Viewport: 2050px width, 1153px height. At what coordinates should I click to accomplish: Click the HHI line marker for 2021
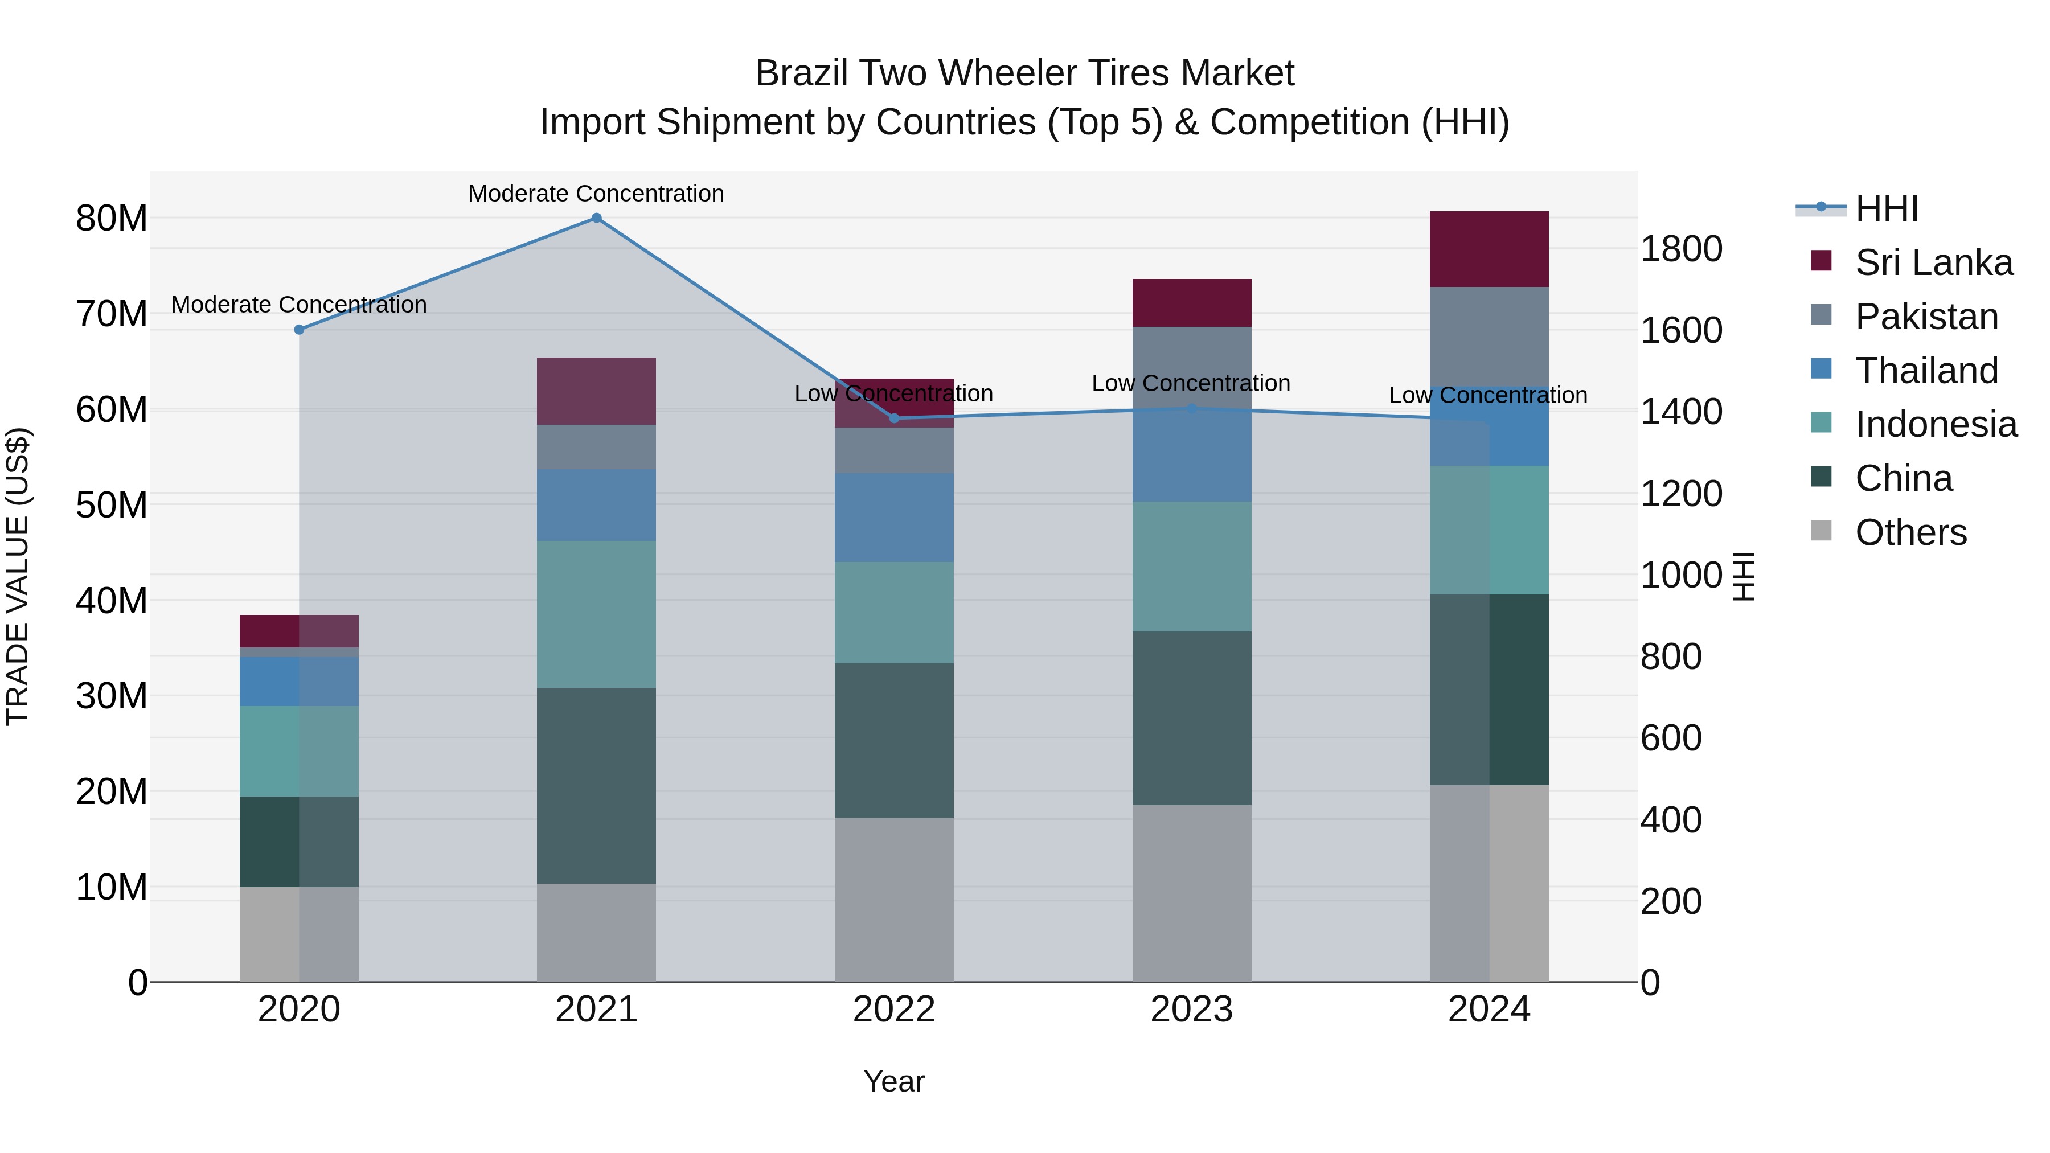596,218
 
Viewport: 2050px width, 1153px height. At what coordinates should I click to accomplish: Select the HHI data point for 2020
299,330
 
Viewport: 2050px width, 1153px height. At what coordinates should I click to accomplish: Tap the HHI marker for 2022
893,418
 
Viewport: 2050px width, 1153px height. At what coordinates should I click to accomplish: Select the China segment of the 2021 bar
596,785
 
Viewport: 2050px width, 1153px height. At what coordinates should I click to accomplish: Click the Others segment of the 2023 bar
1191,893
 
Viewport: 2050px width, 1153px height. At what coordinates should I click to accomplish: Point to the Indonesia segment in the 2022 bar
893,613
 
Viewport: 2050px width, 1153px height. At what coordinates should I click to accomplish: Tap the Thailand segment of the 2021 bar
596,504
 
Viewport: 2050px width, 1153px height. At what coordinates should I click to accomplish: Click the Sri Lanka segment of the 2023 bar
1191,302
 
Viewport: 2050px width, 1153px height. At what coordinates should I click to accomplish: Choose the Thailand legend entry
1926,371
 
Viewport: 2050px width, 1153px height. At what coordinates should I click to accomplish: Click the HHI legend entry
1886,208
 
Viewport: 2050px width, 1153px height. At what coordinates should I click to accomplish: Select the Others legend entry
1910,532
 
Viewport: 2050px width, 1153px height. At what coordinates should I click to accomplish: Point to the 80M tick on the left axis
112,219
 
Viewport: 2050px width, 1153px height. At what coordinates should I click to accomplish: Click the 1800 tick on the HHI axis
1681,249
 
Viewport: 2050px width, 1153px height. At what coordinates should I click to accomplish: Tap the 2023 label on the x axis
1191,1010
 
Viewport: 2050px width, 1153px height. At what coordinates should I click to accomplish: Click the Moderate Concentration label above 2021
596,194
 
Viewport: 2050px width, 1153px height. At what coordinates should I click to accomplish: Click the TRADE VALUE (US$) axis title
18,576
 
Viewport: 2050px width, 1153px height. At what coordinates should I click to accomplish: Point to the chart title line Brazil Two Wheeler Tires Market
1024,73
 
